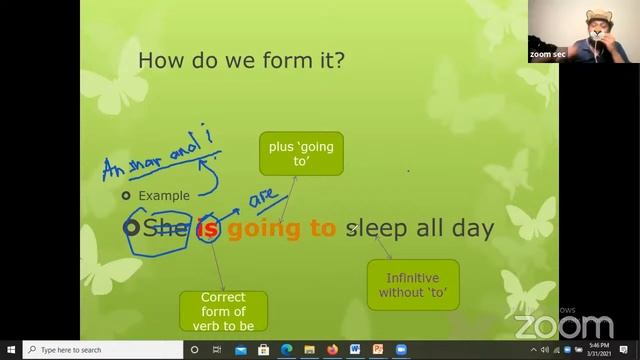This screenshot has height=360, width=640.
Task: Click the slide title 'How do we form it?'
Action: pyautogui.click(x=241, y=60)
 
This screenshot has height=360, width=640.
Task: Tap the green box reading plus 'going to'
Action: pyautogui.click(x=301, y=154)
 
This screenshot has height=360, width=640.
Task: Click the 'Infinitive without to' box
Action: pyautogui.click(x=413, y=285)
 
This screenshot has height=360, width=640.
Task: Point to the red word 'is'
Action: pyautogui.click(x=208, y=229)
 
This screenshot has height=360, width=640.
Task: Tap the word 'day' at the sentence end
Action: pyautogui.click(x=473, y=229)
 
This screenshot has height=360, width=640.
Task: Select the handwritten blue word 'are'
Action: pyautogui.click(x=264, y=200)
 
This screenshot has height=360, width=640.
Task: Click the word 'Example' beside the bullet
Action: pyautogui.click(x=164, y=196)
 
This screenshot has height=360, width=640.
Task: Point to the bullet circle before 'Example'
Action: pyautogui.click(x=126, y=196)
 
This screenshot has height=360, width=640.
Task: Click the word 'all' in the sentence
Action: pyautogui.click(x=430, y=229)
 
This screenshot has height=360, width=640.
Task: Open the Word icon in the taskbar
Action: pyautogui.click(x=355, y=350)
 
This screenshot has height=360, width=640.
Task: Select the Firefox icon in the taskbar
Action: pyautogui.click(x=332, y=350)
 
